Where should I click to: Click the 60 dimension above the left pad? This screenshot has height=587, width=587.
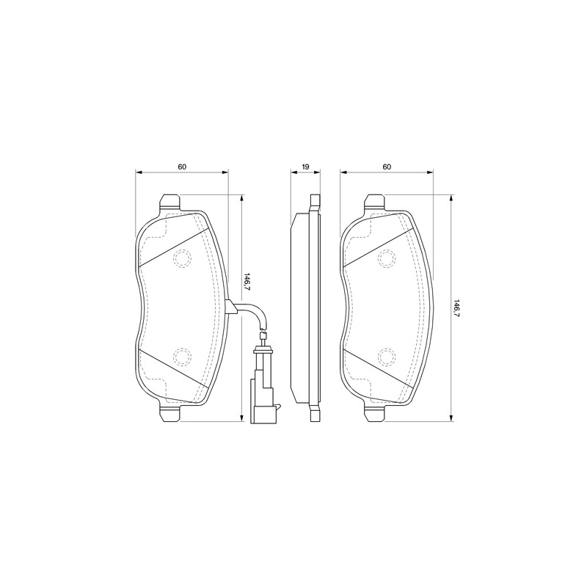click(x=182, y=167)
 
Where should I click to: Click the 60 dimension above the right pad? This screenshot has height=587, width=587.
click(x=387, y=167)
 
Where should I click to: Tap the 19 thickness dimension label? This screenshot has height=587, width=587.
click(x=305, y=167)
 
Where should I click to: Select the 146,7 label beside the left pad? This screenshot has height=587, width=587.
click(x=247, y=282)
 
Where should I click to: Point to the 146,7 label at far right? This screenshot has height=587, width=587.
click(x=456, y=308)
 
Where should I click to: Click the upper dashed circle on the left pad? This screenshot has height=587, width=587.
click(x=182, y=258)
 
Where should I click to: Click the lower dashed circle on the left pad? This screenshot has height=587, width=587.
click(x=182, y=357)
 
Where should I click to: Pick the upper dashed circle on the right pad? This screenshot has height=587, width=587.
click(x=387, y=258)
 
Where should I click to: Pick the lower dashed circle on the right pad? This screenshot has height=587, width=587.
click(x=387, y=357)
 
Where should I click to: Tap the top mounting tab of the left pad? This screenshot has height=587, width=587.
click(x=170, y=203)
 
